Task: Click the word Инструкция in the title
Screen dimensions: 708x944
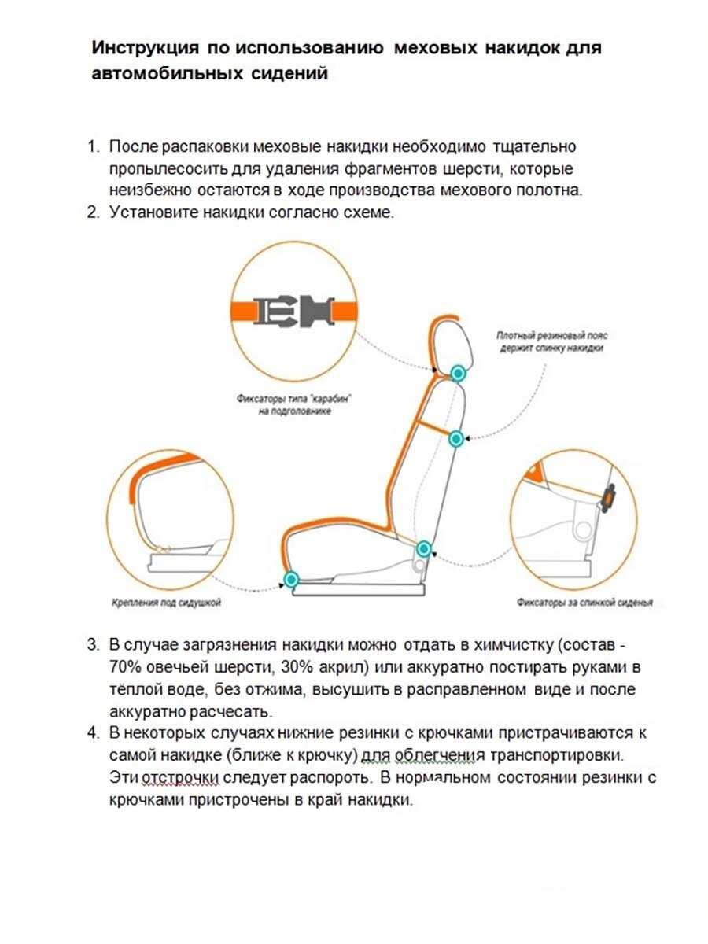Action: click(144, 48)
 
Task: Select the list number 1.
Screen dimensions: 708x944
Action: click(93, 147)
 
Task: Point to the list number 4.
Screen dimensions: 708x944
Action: click(93, 733)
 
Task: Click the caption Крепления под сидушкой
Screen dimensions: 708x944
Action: click(164, 603)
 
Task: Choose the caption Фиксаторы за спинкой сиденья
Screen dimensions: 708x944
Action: click(584, 604)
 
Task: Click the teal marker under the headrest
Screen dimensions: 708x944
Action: click(457, 371)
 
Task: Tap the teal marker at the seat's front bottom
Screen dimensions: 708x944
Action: click(292, 580)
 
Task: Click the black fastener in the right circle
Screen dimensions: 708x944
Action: click(608, 498)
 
